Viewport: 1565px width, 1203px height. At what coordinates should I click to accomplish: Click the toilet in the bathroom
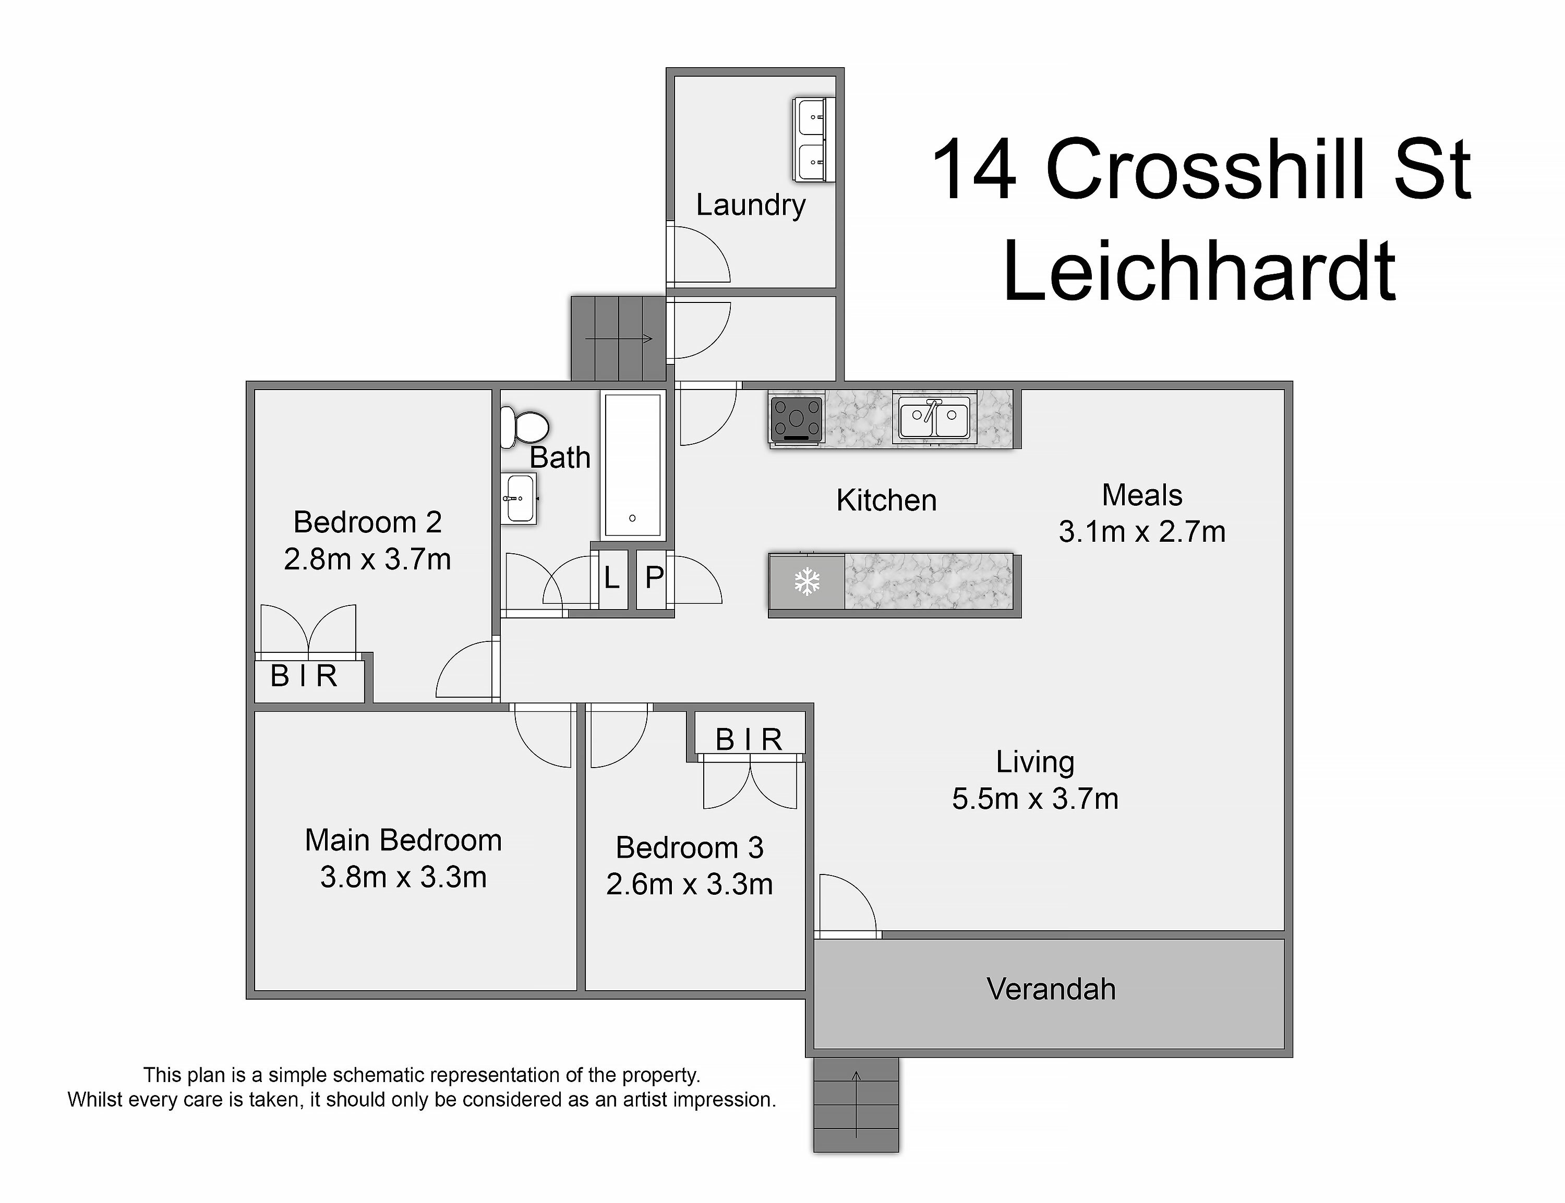click(524, 428)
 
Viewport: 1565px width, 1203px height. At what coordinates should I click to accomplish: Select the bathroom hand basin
click(519, 499)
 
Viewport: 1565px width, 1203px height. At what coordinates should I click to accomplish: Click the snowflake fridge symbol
click(807, 581)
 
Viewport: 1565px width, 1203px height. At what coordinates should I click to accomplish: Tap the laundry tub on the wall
click(814, 140)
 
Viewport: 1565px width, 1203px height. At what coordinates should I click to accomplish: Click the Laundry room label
click(751, 205)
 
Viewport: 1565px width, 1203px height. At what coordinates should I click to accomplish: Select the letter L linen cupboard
click(611, 577)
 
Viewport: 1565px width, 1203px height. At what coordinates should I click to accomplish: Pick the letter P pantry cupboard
click(654, 577)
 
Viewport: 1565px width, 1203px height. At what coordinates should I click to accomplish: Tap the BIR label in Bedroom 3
click(749, 740)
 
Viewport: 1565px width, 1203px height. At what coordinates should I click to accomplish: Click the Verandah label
click(1051, 989)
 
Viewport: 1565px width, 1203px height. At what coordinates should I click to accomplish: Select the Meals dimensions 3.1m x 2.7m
click(1142, 532)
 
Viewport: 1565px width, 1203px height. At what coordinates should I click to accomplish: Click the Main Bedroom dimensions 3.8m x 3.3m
click(403, 877)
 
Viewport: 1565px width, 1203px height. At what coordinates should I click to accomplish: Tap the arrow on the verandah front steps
click(856, 1103)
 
